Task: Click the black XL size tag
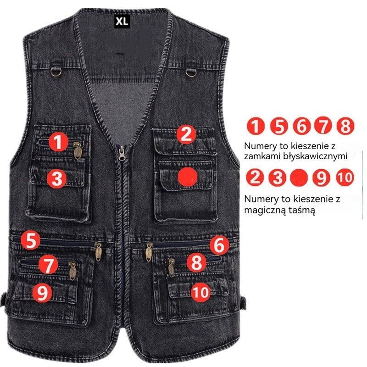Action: pyautogui.click(x=121, y=21)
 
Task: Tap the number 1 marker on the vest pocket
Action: pyautogui.click(x=58, y=142)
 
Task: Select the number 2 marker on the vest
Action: pyautogui.click(x=186, y=134)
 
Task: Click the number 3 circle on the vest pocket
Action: pyautogui.click(x=56, y=178)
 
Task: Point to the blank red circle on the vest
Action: pyautogui.click(x=188, y=177)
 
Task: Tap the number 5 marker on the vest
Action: pyautogui.click(x=31, y=240)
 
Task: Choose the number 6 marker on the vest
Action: pyautogui.click(x=219, y=246)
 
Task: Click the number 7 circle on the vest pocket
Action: pyautogui.click(x=48, y=264)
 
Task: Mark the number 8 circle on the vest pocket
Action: pyautogui.click(x=196, y=263)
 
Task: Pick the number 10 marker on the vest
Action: pyautogui.click(x=201, y=291)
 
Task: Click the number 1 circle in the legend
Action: pyautogui.click(x=256, y=126)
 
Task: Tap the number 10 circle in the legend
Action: pyautogui.click(x=345, y=177)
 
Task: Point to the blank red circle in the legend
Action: pyautogui.click(x=299, y=177)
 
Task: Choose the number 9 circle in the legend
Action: pyautogui.click(x=322, y=177)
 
